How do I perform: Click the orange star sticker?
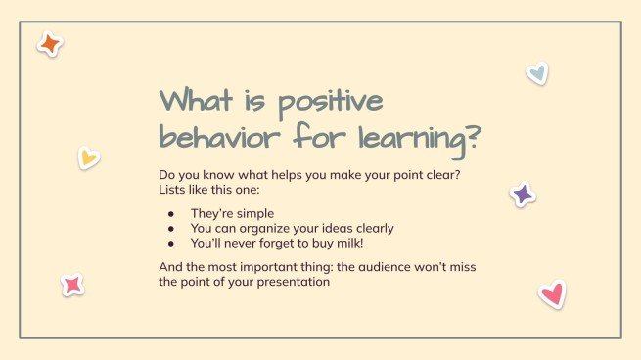pyautogui.click(x=49, y=44)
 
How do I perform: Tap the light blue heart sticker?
pyautogui.click(x=536, y=72)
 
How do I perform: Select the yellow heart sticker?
pyautogui.click(x=88, y=157)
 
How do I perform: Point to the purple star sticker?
pyautogui.click(x=523, y=194)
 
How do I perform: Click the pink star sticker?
pyautogui.click(x=72, y=285)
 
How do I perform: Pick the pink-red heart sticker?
pyautogui.click(x=552, y=293)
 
